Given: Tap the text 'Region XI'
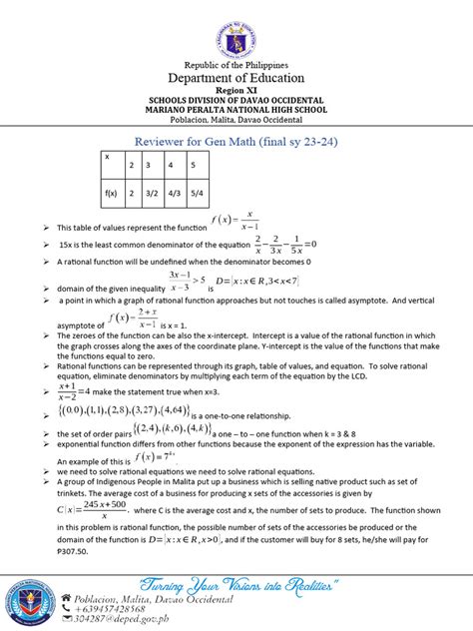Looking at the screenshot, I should (x=236, y=94).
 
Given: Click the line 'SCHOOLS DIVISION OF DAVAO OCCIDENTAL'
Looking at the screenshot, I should (x=236, y=103).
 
